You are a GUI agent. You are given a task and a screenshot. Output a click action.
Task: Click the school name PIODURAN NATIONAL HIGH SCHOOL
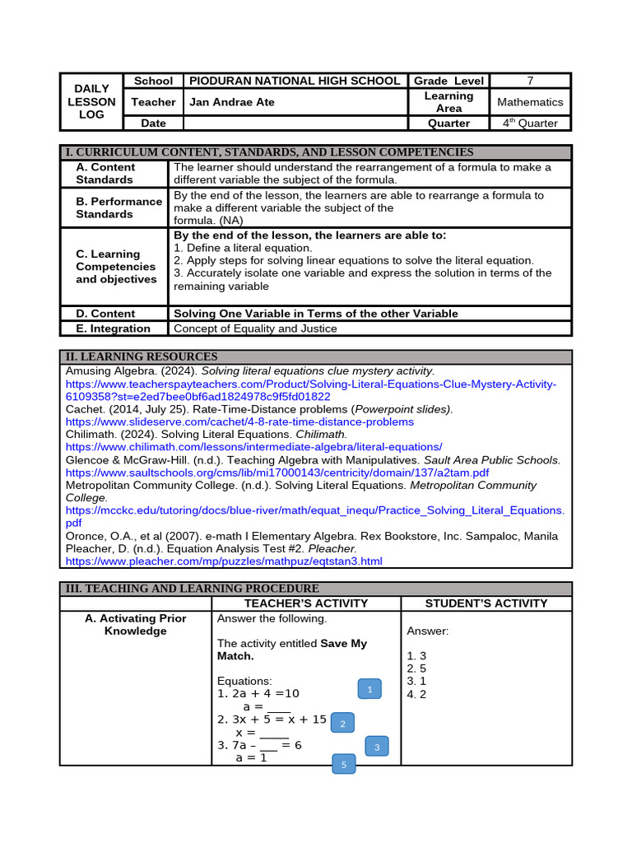point(295,81)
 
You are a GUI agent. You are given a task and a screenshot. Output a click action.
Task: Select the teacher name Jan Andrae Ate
point(232,102)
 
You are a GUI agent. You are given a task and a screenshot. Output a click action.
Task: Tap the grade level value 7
point(530,81)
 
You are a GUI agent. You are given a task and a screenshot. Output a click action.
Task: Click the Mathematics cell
point(530,102)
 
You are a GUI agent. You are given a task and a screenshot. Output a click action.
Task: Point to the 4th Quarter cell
point(530,123)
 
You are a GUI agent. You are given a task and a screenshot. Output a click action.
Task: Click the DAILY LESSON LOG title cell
point(91,102)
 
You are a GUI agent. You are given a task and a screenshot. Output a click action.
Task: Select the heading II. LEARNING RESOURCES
point(142,356)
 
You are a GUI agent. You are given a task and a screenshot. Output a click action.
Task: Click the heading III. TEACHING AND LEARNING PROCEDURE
point(192,589)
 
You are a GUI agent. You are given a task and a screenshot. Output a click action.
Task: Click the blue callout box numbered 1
point(369,690)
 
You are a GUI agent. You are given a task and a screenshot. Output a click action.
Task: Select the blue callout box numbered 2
point(342,724)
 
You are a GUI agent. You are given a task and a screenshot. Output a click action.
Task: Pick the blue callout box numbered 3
point(376,747)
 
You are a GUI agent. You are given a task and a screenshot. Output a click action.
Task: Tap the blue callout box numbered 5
point(344,765)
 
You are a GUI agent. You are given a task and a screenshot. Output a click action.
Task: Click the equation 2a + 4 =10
point(258,694)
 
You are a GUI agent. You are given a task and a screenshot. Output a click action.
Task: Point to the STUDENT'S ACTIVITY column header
point(486,603)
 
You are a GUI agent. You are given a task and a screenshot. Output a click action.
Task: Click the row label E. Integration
point(114,328)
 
